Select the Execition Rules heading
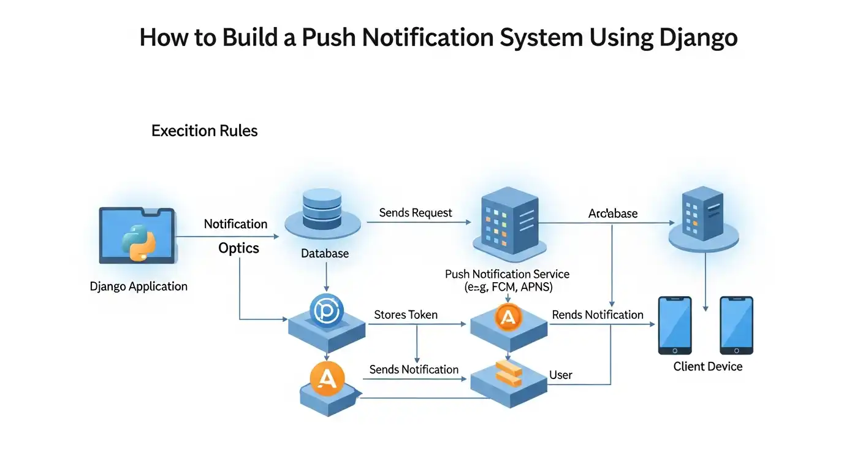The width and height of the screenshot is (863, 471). click(x=204, y=131)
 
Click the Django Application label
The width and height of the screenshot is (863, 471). click(x=139, y=286)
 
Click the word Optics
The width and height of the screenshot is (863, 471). click(x=239, y=248)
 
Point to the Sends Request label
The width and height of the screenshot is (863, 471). click(x=416, y=213)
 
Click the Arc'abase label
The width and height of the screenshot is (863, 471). click(x=613, y=213)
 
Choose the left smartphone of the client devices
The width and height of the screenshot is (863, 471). click(x=675, y=325)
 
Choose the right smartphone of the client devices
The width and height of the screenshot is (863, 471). click(x=736, y=325)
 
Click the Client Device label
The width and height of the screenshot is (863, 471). click(x=708, y=367)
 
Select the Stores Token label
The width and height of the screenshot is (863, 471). click(x=406, y=315)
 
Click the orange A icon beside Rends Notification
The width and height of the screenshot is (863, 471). click(x=508, y=317)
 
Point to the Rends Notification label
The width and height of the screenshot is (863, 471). click(x=598, y=315)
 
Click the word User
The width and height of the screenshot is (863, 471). click(x=561, y=375)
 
